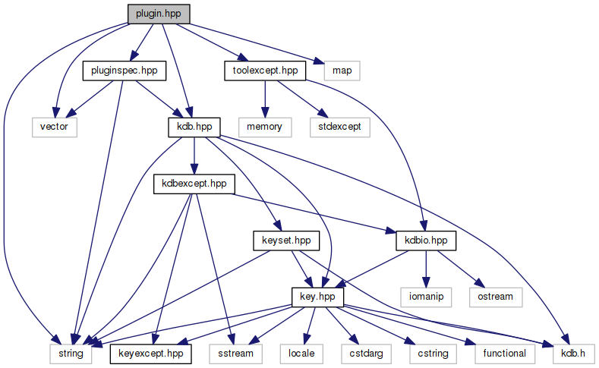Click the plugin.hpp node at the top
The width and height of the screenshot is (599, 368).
tap(157, 14)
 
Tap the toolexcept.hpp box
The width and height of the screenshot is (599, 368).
tap(264, 71)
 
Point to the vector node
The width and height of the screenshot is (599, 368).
tap(54, 127)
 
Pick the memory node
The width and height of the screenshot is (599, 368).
tap(263, 127)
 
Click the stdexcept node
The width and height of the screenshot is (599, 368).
tap(339, 127)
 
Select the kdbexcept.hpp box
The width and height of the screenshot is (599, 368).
tap(194, 184)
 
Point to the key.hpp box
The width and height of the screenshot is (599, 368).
tap(318, 297)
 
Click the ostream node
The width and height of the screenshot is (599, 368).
tap(497, 297)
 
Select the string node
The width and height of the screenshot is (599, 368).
tap(71, 353)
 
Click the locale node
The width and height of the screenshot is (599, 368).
tap(307, 353)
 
